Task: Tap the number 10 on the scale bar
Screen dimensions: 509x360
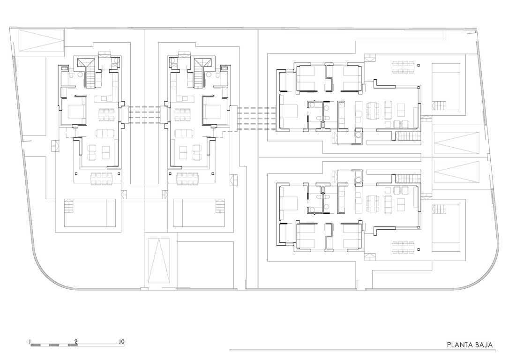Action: tap(121, 342)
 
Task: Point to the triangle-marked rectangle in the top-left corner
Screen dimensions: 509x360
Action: tap(41, 40)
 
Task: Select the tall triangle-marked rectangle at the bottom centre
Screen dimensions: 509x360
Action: tap(159, 261)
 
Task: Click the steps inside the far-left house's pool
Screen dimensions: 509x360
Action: tap(69, 206)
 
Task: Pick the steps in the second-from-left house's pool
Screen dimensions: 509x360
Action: tap(220, 206)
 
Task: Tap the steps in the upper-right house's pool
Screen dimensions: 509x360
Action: tap(439, 105)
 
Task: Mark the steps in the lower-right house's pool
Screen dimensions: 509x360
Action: tap(439, 210)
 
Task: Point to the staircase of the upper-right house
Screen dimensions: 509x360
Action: tap(408, 136)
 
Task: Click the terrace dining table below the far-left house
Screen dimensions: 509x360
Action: tap(102, 179)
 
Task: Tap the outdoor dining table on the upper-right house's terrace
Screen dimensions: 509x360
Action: tap(403, 67)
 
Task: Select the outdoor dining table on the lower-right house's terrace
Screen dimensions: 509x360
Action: tap(403, 247)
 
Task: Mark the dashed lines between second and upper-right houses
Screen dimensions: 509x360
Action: tap(256, 119)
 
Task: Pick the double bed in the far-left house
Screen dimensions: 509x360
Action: tap(76, 112)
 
